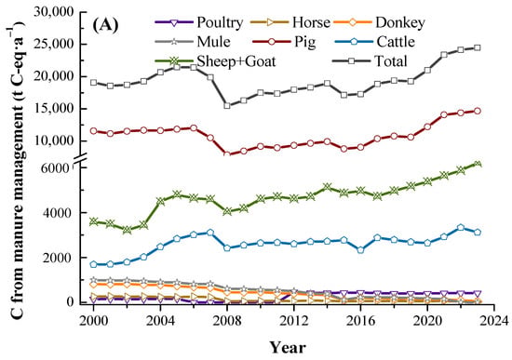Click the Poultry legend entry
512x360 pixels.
[199, 22]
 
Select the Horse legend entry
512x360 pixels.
[290, 22]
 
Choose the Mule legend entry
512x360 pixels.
[193, 42]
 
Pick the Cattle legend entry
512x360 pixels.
[375, 42]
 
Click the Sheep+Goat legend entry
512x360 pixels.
[216, 61]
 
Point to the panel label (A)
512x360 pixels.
[105, 25]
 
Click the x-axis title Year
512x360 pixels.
[288, 348]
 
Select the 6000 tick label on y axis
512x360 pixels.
[58, 168]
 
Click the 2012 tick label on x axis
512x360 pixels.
[293, 321]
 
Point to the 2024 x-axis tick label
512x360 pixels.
[494, 321]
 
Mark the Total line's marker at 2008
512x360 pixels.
[227, 105]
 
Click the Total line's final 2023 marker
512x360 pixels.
[478, 48]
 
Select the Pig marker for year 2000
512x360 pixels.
[94, 131]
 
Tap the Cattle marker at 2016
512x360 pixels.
[360, 250]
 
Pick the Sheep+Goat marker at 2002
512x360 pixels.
[127, 230]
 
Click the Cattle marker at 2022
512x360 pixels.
[461, 228]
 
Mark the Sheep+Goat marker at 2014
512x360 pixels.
[327, 187]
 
